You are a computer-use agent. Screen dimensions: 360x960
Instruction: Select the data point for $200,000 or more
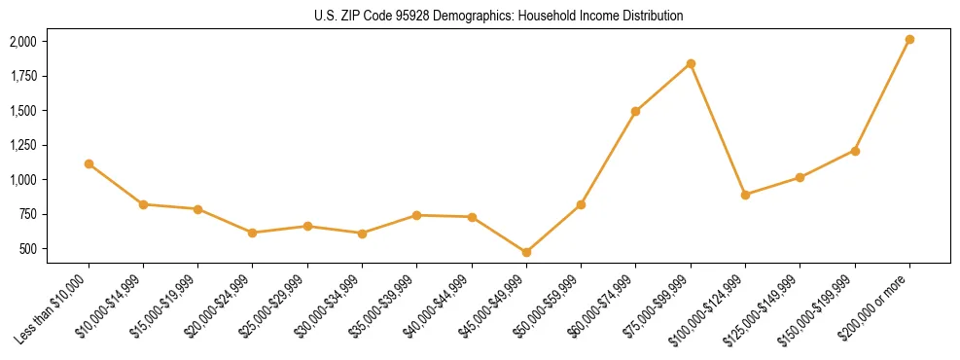(909, 39)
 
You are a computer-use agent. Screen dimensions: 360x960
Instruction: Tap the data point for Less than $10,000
(89, 163)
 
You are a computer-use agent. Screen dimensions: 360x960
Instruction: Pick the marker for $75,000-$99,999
(691, 63)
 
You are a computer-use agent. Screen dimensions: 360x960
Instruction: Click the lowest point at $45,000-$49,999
(526, 252)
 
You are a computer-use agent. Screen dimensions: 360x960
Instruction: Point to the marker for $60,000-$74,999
(635, 111)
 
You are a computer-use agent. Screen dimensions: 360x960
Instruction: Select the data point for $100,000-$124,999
(745, 195)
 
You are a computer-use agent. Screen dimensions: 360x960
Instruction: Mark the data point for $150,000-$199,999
(855, 151)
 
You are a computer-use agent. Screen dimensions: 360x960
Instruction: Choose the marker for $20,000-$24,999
(253, 233)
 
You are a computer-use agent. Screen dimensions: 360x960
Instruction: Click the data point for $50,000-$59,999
(581, 204)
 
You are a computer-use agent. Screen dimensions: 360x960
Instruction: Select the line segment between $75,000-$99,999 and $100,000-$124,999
(718, 129)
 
